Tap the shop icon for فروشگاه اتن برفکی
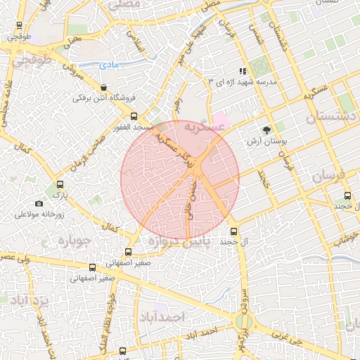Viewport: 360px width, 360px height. point(104,88)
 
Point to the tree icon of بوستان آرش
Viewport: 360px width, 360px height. point(266,130)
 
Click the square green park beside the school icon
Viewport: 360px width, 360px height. point(258,67)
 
